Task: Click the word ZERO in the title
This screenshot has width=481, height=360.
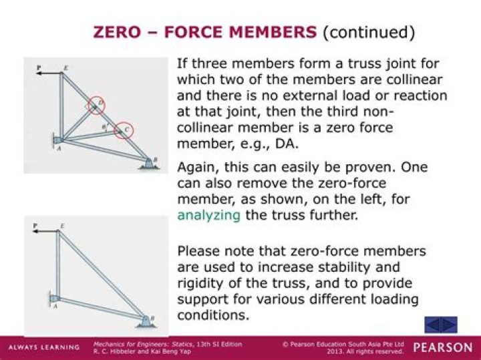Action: tap(118, 32)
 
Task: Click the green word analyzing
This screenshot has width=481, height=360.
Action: tap(209, 215)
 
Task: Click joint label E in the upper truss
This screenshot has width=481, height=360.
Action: tap(65, 67)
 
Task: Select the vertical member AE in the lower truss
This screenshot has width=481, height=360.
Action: tap(57, 264)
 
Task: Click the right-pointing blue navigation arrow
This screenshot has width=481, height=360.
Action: tap(449, 325)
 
